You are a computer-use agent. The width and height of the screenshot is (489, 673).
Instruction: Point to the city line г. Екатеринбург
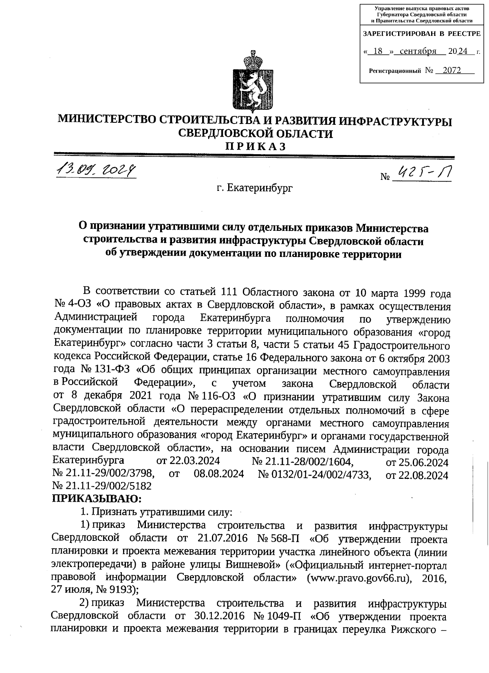pyautogui.click(x=255, y=188)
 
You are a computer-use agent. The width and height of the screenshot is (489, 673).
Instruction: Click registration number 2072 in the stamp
pyautogui.click(x=452, y=71)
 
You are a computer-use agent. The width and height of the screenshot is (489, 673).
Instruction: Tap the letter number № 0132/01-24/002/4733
pyautogui.click(x=315, y=474)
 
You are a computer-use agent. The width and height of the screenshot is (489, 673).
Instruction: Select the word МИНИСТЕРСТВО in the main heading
pyautogui.click(x=106, y=121)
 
